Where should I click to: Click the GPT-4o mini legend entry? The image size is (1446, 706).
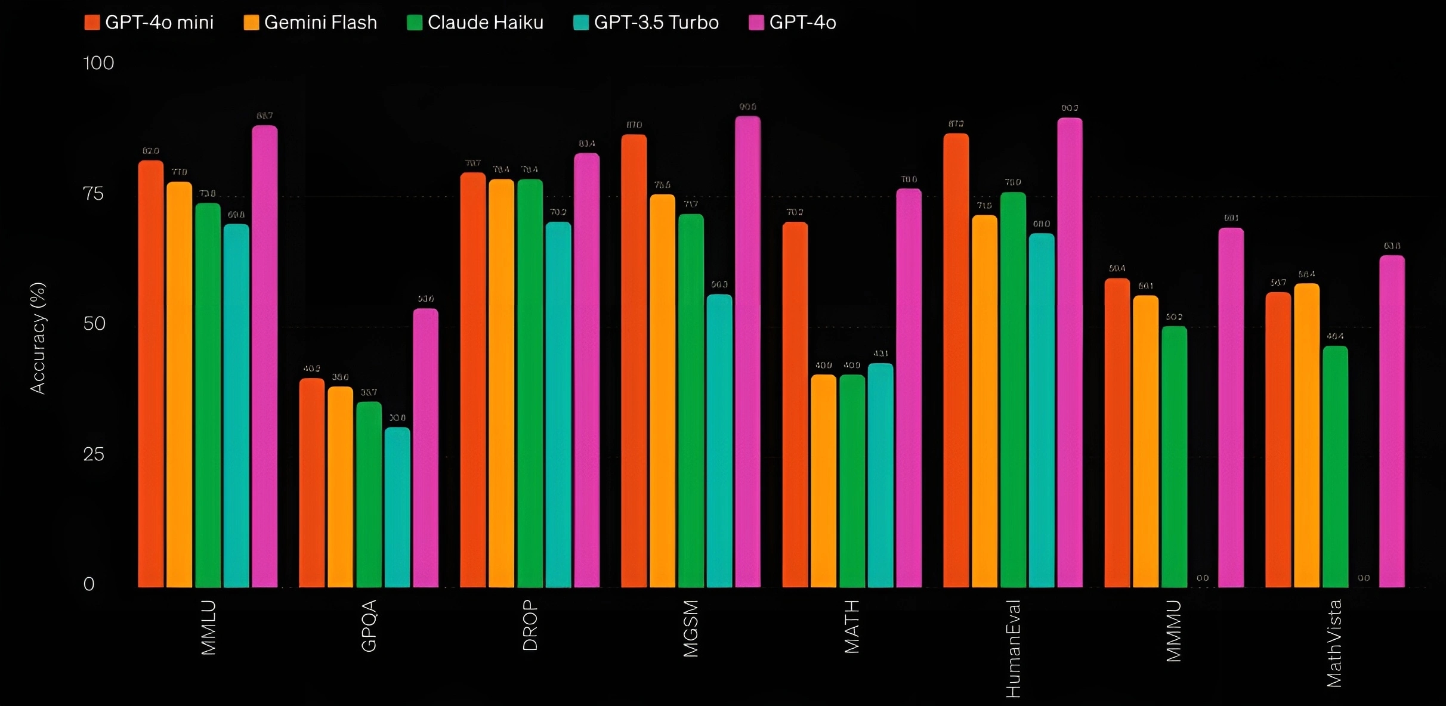[x=149, y=23]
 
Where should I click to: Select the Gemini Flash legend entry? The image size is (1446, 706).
[x=311, y=23]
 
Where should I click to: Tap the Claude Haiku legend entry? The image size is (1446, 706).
[x=475, y=23]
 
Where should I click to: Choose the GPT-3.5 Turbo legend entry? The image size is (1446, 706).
[x=646, y=23]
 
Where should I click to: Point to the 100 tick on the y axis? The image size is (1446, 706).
[x=98, y=63]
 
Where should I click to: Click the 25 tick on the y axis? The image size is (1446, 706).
[x=94, y=454]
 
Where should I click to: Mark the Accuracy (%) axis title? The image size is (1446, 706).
[x=38, y=338]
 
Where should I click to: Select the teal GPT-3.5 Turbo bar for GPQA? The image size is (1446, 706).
[x=397, y=507]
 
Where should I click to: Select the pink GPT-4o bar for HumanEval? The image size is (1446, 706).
[x=1070, y=352]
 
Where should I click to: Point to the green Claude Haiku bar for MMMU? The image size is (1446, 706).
[x=1174, y=457]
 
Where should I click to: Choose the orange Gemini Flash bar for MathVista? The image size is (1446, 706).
[x=1306, y=435]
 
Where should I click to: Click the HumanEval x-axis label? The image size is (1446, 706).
[x=1013, y=649]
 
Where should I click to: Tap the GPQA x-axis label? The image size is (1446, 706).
[x=369, y=626]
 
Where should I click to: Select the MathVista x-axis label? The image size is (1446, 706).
[x=1334, y=643]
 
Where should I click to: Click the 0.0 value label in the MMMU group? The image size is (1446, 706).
[x=1203, y=578]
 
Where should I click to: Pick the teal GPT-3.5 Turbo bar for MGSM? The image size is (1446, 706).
[x=719, y=441]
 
